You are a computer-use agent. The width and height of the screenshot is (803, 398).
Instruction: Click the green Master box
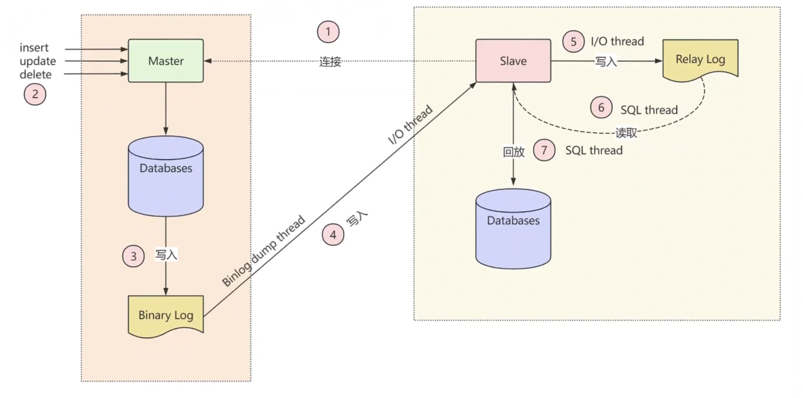pos(165,61)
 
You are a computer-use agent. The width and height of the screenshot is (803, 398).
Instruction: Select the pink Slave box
pos(513,61)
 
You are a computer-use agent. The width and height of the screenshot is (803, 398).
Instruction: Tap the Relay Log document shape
pos(700,60)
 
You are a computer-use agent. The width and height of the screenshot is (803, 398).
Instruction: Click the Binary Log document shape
pos(165,315)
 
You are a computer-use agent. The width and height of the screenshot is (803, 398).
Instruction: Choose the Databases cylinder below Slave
pos(513,227)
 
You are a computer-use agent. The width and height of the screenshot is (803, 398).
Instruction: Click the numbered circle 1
pos(328,32)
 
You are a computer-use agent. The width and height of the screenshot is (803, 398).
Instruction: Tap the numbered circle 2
pos(35,95)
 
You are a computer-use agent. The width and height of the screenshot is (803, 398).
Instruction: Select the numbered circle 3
pos(133,256)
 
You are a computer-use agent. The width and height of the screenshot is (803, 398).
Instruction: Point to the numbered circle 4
pos(333,235)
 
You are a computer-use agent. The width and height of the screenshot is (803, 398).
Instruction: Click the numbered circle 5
pos(573,41)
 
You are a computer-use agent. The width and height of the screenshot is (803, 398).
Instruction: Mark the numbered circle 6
pos(601,108)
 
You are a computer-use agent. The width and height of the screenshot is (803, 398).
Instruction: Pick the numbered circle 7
pos(544,150)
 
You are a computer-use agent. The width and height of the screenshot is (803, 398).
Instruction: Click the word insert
pos(34,48)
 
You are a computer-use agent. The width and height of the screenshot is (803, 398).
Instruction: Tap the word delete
pos(36,74)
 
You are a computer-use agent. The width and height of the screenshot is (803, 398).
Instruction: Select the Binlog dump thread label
pos(263,251)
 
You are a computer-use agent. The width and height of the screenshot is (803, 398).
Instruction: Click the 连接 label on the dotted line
pos(330,62)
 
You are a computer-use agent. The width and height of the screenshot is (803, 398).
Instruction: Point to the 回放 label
pos(513,152)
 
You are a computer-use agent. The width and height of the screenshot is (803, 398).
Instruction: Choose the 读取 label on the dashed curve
pos(626,133)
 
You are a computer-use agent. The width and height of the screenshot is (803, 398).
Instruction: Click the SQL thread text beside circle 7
pos(594,151)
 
